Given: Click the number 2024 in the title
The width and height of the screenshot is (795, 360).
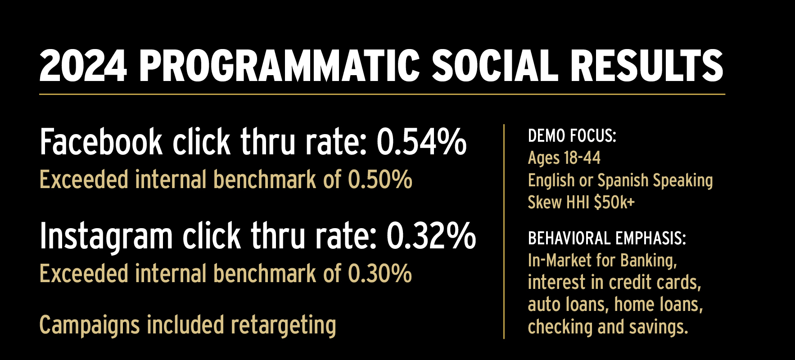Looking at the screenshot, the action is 83,66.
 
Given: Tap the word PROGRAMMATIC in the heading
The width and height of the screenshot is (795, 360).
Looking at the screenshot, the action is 280,66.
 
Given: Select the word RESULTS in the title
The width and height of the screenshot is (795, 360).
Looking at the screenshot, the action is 646,66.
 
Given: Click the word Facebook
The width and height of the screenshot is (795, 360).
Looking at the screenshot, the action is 101,142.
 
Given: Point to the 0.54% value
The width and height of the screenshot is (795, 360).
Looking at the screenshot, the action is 421,142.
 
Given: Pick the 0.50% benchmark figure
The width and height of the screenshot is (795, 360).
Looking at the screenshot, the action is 380,180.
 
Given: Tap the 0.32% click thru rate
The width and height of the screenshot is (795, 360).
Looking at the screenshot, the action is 431,236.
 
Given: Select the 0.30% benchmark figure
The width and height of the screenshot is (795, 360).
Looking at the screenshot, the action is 380,274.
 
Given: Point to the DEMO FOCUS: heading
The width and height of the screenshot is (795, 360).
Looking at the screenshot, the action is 572,136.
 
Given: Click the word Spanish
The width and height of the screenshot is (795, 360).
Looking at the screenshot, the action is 623,181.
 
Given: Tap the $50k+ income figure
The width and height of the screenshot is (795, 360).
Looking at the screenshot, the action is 614,202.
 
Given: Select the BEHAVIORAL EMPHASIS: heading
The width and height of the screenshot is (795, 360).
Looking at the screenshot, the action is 607,238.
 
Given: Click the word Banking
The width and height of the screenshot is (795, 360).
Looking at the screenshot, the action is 648,261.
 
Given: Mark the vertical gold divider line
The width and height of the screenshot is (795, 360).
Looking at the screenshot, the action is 504,231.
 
